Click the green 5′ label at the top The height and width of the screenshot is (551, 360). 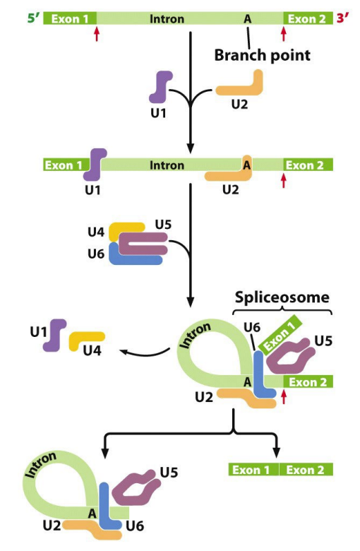click(34, 18)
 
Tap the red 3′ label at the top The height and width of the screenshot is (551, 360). click(343, 18)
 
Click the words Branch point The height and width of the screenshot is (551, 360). click(263, 55)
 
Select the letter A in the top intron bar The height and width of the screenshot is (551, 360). click(248, 18)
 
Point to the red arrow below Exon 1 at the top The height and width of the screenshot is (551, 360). click(97, 34)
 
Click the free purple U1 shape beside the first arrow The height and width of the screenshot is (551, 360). click(160, 86)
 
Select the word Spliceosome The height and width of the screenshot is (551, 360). click(282, 297)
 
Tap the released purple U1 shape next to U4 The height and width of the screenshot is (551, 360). click(55, 335)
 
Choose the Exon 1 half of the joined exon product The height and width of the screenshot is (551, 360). click(253, 470)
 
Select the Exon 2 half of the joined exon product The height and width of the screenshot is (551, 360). click(306, 470)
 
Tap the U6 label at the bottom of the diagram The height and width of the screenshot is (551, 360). click(135, 526)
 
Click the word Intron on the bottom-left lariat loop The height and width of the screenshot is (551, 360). click(41, 464)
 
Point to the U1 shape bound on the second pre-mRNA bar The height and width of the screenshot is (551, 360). click(94, 165)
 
